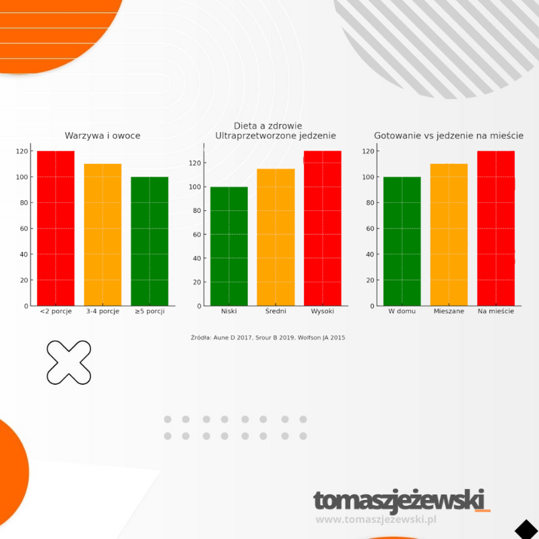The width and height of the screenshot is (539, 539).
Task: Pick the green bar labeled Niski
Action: [x=229, y=246]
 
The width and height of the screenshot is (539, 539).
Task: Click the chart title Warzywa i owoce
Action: [x=102, y=135]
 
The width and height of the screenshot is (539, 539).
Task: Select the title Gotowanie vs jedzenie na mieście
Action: [x=449, y=135]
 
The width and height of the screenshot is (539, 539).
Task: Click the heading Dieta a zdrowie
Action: [x=267, y=126]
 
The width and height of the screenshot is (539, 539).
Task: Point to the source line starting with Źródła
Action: [x=268, y=338]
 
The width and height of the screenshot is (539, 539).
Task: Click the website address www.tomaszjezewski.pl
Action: [x=377, y=519]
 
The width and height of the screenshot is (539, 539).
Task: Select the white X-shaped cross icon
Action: [x=69, y=362]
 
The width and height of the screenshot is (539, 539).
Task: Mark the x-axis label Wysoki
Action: [x=323, y=311]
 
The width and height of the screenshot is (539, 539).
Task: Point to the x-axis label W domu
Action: [x=402, y=311]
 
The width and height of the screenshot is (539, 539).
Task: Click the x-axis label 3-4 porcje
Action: [x=102, y=311]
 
